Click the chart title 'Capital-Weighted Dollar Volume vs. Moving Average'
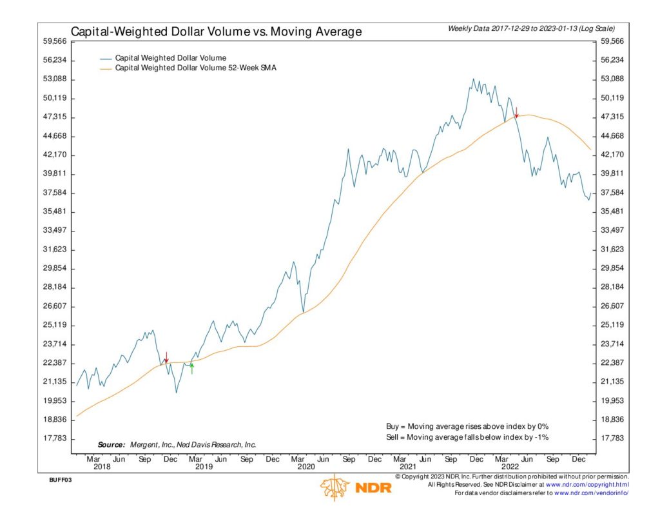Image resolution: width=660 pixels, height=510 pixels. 215,32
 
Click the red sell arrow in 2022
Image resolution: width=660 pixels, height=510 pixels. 516,112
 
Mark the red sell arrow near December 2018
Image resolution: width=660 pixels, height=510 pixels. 166,357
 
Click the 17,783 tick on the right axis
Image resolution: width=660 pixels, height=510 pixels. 612,438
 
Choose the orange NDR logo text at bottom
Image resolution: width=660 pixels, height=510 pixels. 372,488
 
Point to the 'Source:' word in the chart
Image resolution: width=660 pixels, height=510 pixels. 111,445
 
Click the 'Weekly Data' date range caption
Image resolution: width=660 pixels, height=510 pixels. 531,28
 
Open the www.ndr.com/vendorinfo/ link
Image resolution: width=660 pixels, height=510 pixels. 591,493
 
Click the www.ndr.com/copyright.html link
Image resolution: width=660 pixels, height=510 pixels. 587,484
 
